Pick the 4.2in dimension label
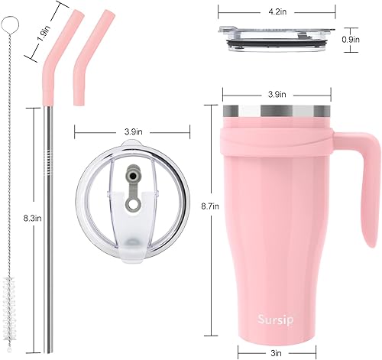tap(280, 11)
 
